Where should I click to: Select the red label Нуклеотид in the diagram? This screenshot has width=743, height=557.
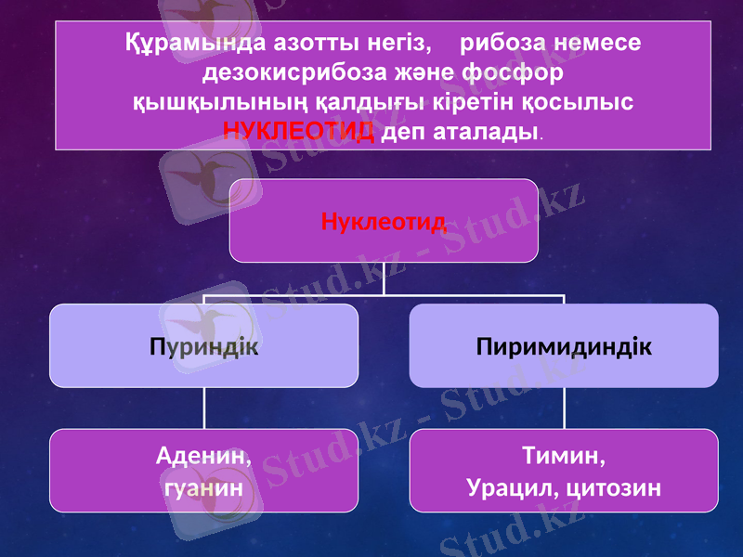pos(384,221)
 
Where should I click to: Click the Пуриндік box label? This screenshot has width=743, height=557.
pos(203,346)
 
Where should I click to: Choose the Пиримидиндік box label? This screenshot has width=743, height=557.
pos(564,346)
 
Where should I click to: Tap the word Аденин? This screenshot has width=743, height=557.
pos(203,457)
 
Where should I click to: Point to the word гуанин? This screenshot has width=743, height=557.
pos(203,486)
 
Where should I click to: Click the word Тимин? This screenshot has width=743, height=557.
pos(564,457)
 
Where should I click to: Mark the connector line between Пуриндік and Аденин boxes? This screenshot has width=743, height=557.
pos(204,408)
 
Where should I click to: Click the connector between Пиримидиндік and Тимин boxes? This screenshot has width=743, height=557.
pos(564,408)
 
